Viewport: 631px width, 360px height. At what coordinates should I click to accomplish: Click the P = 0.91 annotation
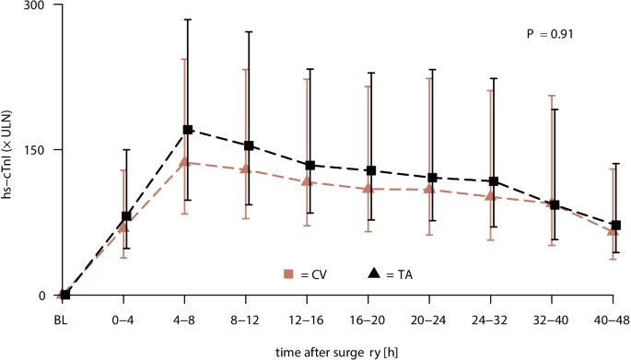click(551, 34)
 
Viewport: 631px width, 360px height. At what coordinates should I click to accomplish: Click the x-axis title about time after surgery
click(338, 351)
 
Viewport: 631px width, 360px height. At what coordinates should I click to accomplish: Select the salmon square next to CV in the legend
click(288, 273)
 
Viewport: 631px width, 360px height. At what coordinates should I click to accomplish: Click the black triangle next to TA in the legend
click(374, 273)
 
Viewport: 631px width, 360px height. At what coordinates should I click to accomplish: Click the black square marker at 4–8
click(188, 130)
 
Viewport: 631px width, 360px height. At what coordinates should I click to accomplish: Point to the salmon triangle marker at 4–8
click(184, 162)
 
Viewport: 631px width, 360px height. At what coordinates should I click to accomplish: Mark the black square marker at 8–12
click(249, 145)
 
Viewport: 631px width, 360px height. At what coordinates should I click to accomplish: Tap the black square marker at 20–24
click(432, 178)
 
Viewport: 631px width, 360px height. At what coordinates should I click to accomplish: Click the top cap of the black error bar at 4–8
click(188, 19)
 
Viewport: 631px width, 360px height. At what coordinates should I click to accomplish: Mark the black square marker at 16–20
click(371, 170)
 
